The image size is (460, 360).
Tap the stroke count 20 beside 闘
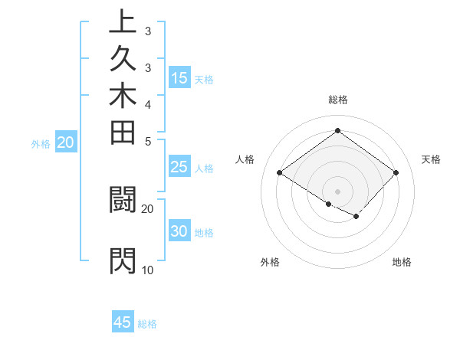point(148,208)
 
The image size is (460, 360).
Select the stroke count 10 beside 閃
point(148,270)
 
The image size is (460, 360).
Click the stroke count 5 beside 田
point(148,141)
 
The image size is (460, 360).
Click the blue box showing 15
point(179,77)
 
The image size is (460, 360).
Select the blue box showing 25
point(179,168)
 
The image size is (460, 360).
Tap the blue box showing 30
point(179,232)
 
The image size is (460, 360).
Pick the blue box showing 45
point(123,322)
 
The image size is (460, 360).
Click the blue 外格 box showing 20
point(66,142)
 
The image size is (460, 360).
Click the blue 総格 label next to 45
point(147,324)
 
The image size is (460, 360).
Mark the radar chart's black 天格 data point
point(396,173)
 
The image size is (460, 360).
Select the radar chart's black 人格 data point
point(280,173)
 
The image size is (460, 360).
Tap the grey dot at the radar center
point(337,191)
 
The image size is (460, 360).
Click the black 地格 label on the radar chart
point(402,262)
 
